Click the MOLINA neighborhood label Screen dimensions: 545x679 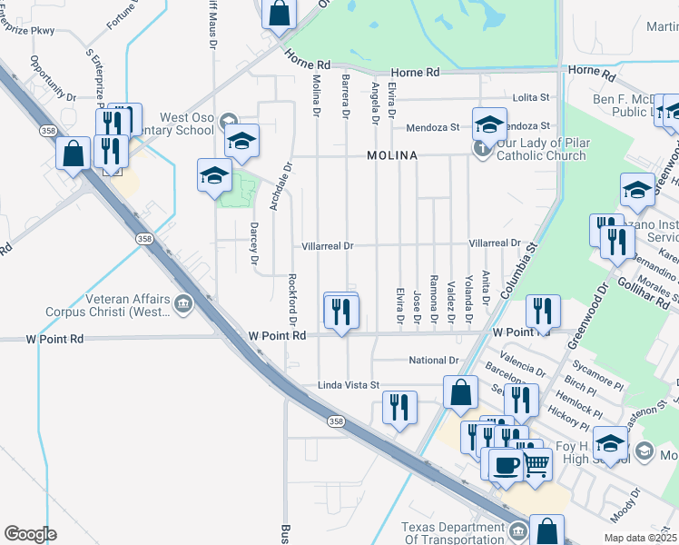(x=392, y=156)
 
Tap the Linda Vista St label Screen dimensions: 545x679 (x=347, y=386)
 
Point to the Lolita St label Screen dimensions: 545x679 (x=533, y=97)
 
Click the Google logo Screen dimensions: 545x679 (x=29, y=534)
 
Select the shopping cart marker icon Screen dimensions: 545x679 (x=536, y=464)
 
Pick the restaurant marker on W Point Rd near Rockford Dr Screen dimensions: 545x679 (x=341, y=312)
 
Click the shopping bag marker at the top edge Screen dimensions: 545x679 (x=280, y=13)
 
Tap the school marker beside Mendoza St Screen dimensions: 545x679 (x=488, y=124)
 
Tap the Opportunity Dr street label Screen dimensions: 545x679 (x=53, y=79)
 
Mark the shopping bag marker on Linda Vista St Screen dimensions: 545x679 (x=460, y=392)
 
